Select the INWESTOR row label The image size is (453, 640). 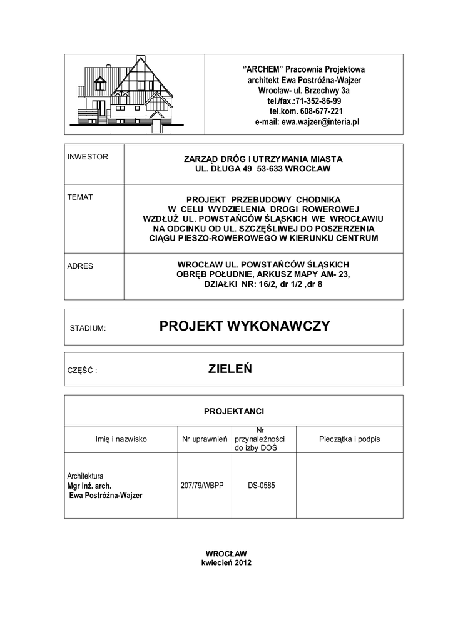click(x=88, y=157)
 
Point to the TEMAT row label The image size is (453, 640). click(x=80, y=197)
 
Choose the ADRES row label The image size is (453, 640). click(x=80, y=266)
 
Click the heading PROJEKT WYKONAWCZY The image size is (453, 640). click(x=244, y=326)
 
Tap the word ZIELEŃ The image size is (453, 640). click(x=230, y=369)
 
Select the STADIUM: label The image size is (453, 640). click(x=88, y=327)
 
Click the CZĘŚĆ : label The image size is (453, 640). click(x=82, y=370)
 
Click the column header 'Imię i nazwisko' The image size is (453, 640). click(x=121, y=439)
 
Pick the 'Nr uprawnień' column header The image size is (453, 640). click(x=204, y=439)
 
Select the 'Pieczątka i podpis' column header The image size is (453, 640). click(x=349, y=439)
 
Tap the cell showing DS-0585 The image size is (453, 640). click(x=262, y=485)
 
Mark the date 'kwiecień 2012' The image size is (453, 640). click(x=226, y=562)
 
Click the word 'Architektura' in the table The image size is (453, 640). click(x=85, y=476)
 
